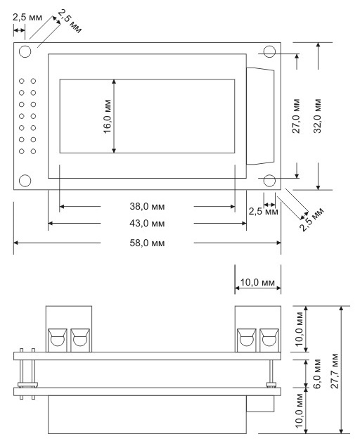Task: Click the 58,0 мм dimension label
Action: click(x=147, y=243)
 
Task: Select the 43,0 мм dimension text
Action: click(x=147, y=223)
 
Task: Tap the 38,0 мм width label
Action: click(x=147, y=206)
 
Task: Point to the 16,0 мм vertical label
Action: click(x=107, y=116)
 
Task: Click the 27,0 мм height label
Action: click(x=296, y=116)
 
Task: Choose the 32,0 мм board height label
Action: click(x=317, y=116)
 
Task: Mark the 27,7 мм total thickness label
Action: click(x=335, y=371)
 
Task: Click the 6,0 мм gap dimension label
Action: click(x=317, y=374)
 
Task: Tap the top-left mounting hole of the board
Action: click(x=25, y=51)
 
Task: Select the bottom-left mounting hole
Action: click(x=25, y=181)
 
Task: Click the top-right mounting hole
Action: click(x=269, y=52)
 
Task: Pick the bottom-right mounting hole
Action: click(x=269, y=181)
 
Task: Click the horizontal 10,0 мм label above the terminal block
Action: click(x=257, y=282)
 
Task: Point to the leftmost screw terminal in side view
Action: click(x=58, y=340)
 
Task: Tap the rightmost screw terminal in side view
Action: click(x=269, y=340)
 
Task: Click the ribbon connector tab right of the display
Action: click(x=260, y=116)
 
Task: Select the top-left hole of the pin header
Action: click(x=22, y=81)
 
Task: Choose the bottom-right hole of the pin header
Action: click(x=33, y=151)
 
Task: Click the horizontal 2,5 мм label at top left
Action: click(x=27, y=18)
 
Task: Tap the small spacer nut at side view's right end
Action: click(x=271, y=385)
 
